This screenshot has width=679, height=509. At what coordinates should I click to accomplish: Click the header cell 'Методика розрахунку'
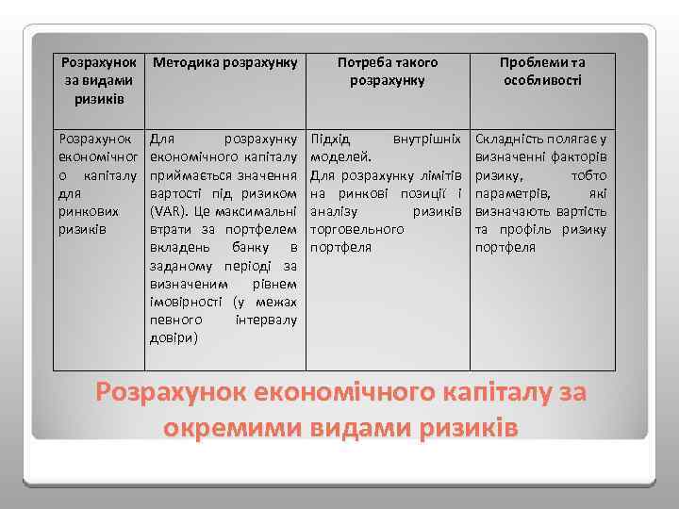(224, 62)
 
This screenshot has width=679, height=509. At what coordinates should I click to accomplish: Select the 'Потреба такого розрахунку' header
(388, 71)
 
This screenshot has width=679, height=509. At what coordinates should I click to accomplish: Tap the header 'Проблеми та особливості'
(542, 71)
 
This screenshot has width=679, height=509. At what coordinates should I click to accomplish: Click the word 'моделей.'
(340, 156)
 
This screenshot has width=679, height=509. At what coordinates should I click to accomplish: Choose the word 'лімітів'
(439, 175)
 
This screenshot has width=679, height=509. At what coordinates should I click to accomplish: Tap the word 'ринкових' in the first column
(87, 211)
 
